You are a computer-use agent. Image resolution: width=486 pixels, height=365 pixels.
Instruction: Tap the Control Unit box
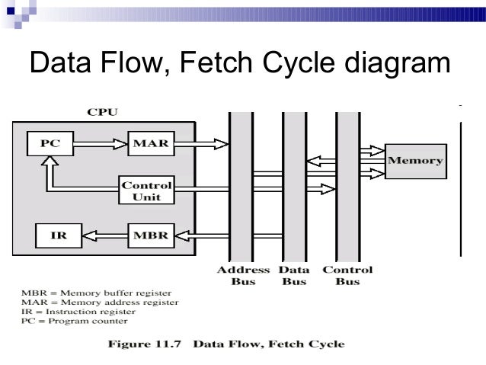[x=148, y=191]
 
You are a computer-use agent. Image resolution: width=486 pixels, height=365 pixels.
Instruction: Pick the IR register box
[x=58, y=235]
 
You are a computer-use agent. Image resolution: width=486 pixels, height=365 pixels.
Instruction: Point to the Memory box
[x=416, y=161]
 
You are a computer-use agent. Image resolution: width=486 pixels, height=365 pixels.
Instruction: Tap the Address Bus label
[x=243, y=276]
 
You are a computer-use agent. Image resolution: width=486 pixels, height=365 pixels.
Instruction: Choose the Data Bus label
[x=293, y=276]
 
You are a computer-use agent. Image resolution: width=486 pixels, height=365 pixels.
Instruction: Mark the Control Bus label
[x=347, y=276]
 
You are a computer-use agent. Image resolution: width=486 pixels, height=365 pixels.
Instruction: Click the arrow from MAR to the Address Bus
[x=200, y=142]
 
